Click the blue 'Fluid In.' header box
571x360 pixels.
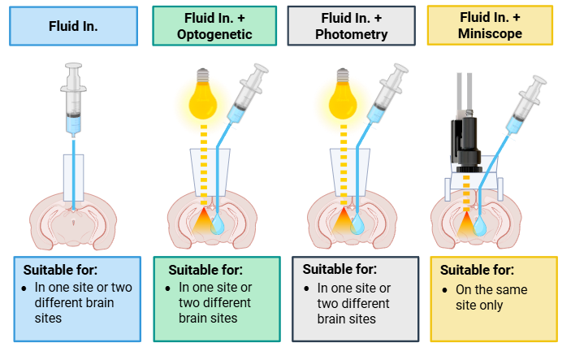(x=74, y=26)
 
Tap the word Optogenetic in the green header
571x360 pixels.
(x=214, y=35)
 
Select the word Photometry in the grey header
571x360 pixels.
(x=352, y=35)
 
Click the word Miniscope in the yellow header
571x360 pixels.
(x=490, y=33)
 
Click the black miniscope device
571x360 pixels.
(x=465, y=142)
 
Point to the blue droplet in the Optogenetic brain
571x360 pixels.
(x=218, y=223)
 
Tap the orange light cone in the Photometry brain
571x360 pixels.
(x=343, y=220)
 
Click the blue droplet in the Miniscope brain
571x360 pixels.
(x=479, y=225)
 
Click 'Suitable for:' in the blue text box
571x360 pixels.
(x=60, y=270)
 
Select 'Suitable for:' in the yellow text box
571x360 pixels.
(x=477, y=270)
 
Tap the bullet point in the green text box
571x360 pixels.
(x=167, y=288)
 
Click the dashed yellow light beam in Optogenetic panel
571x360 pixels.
(x=204, y=165)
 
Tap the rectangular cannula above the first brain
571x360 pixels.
(x=74, y=178)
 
